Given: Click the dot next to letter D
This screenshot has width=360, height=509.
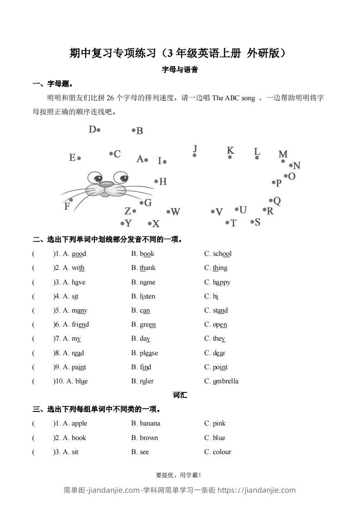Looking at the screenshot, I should coord(99,130).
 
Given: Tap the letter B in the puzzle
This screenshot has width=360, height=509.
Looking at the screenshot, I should coord(140,131).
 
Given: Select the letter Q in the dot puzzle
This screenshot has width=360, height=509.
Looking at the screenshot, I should coord(277,201).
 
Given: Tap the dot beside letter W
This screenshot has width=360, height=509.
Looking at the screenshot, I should coord(168,212).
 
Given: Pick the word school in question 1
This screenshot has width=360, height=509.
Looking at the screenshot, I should coord(222,254).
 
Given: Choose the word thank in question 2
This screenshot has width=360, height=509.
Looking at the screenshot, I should coord(148,268).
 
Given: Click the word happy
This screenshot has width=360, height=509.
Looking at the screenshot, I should coord(222,282).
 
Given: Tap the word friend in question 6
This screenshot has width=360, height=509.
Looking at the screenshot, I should coord(80,324).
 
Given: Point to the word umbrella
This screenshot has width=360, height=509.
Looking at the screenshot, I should coord(226,381).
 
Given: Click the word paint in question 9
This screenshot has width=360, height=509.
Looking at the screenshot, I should coord(79,367).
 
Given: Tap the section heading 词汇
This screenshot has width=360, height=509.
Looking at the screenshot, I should coord(180,395).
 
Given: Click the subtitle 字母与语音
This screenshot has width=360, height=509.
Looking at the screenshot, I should coord(180,70).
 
